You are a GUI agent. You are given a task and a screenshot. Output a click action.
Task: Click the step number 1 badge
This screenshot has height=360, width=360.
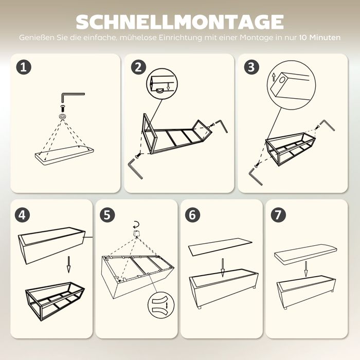click(24, 67)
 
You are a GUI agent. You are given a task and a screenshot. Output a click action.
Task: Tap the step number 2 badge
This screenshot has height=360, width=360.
click(138, 67)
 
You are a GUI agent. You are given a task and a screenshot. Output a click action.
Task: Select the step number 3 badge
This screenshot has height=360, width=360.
click(251, 67)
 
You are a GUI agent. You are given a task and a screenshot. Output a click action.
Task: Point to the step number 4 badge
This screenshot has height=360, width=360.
click(22, 215)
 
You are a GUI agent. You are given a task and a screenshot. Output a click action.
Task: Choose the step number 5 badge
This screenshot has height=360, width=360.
click(107, 215)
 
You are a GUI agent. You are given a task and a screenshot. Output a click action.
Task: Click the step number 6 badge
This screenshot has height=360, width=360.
click(192, 215)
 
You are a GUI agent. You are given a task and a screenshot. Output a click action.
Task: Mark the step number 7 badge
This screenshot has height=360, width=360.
click(278, 215)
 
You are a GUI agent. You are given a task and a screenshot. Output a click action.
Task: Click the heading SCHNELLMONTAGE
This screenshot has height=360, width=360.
click(180, 22)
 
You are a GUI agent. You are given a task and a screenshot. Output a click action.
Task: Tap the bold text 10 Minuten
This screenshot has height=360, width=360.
click(320, 38)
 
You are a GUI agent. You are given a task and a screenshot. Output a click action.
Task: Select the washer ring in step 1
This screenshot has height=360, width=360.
click(62, 116)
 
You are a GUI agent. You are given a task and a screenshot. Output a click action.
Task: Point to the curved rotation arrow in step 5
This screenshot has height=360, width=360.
click(136, 224)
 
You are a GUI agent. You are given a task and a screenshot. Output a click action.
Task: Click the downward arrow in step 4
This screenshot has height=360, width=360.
click(68, 264)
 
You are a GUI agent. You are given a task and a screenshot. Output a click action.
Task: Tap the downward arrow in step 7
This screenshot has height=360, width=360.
click(305, 268)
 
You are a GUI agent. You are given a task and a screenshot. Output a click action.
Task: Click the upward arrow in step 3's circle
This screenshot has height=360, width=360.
click(274, 77)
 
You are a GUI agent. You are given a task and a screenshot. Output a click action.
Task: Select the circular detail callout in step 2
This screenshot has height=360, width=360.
click(162, 84)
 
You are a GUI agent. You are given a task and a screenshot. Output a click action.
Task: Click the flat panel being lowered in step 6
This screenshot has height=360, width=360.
click(220, 247)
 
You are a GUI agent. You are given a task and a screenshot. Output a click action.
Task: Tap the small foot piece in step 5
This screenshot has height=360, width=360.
click(136, 233)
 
